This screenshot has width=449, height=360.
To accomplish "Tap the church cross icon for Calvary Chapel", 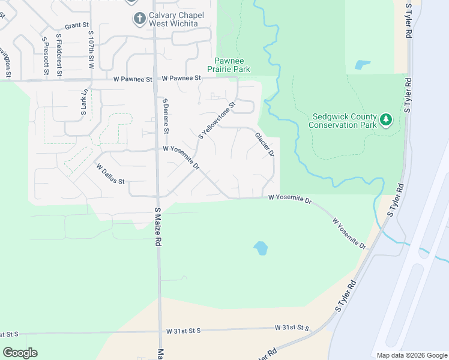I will [x=140, y=19].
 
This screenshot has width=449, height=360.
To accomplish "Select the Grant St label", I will [x=77, y=26].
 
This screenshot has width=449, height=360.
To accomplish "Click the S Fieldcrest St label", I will [x=59, y=55].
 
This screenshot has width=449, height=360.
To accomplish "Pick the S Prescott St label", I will [x=45, y=56].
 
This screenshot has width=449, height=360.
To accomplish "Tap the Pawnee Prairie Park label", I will [x=233, y=65].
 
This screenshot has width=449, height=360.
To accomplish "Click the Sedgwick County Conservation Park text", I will [x=342, y=121].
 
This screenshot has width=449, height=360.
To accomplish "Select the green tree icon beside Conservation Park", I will [x=386, y=121].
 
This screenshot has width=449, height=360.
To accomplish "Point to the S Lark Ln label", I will [x=84, y=102].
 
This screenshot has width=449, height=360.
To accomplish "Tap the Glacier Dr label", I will [x=265, y=145].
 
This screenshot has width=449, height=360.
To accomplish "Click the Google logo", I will [x=20, y=353].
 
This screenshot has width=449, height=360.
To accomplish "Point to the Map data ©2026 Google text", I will [x=411, y=355].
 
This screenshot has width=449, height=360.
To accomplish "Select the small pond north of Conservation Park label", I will [x=362, y=65].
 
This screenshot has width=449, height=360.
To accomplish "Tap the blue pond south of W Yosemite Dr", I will [x=261, y=247].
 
